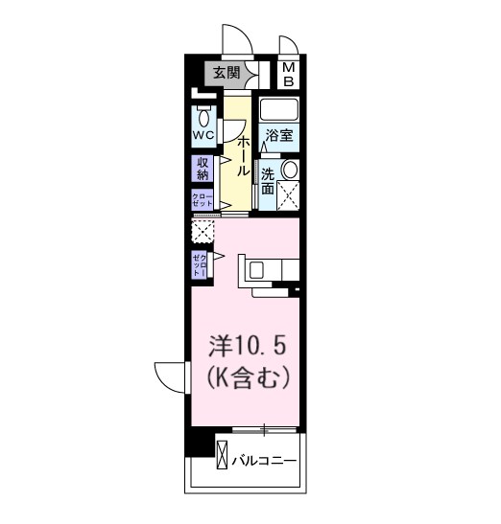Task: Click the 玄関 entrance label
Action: tap(227, 72)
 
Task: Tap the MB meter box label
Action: tap(288, 73)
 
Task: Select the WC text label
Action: tap(203, 136)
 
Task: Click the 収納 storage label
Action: tap(203, 169)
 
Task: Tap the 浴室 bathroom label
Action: tap(278, 136)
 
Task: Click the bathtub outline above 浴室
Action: tap(279, 108)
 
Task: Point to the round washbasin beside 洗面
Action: tap(289, 170)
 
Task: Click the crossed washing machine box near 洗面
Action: tap(288, 195)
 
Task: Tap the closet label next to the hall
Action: tap(203, 199)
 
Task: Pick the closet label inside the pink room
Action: tap(200, 263)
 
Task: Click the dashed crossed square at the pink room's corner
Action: tap(202, 231)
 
